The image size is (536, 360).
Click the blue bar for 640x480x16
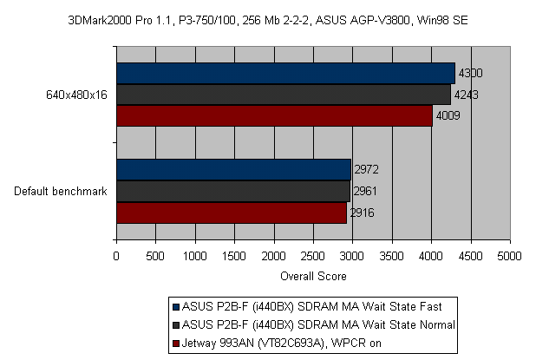click(285, 73)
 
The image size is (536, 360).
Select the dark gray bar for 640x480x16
click(283, 94)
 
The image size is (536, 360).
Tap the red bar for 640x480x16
click(274, 115)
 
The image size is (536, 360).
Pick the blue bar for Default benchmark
click(233, 169)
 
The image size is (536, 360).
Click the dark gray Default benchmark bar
click(232, 191)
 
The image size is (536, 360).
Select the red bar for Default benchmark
click(232, 213)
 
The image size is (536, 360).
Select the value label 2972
click(366, 169)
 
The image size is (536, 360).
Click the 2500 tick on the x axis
click(313, 257)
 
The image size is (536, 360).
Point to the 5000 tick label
click(510, 257)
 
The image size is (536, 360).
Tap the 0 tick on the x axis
click(116, 257)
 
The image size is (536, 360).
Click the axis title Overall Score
click(313, 277)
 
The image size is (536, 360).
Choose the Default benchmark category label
click(61, 192)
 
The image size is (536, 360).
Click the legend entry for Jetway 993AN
click(279, 342)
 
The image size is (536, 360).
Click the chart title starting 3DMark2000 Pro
click(267, 17)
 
